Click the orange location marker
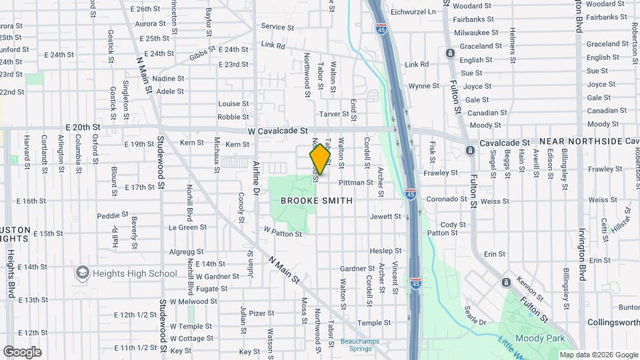(x=320, y=159)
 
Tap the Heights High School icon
(x=83, y=273)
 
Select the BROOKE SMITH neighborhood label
(x=316, y=200)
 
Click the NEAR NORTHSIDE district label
(x=580, y=142)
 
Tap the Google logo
(x=22, y=351)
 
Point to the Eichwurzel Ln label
(x=431, y=11)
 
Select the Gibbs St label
(x=203, y=54)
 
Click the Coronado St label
(x=447, y=199)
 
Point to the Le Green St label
(x=187, y=227)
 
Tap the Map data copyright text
(x=599, y=355)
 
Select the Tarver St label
(x=334, y=114)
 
